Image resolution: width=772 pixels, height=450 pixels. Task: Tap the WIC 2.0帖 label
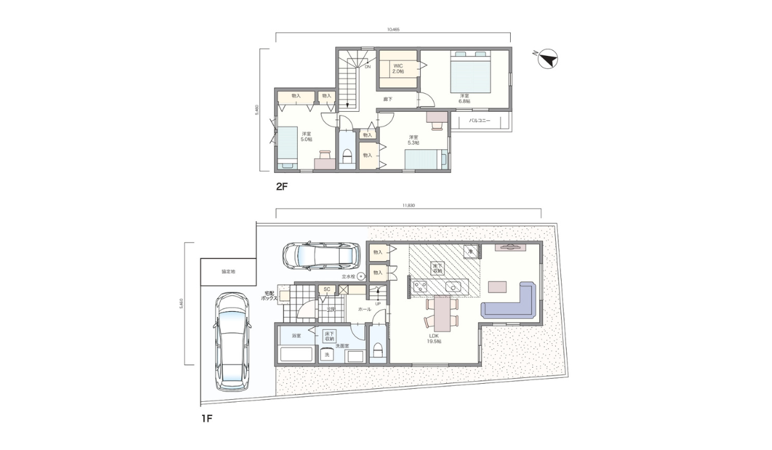[x=399, y=68]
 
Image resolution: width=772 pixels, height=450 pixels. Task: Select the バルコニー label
[x=479, y=120]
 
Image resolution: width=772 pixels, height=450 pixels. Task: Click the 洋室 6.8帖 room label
[x=464, y=98]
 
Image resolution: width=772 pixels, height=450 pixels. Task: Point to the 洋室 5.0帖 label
[x=306, y=136]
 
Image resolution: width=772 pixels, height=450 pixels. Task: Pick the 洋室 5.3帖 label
[x=413, y=139]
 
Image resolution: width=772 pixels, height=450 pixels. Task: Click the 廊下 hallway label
[x=388, y=99]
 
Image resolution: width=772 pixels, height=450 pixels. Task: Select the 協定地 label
[x=228, y=272]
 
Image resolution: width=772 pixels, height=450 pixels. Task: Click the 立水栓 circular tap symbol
[x=361, y=276]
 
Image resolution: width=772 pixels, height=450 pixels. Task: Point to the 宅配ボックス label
[x=269, y=296]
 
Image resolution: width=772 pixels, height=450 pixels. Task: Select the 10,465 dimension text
[x=394, y=30]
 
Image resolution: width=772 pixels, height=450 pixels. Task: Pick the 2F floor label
[x=281, y=187]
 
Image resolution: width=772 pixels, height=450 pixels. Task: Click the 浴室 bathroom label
[x=296, y=336]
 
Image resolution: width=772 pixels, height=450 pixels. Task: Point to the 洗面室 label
[x=342, y=346]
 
